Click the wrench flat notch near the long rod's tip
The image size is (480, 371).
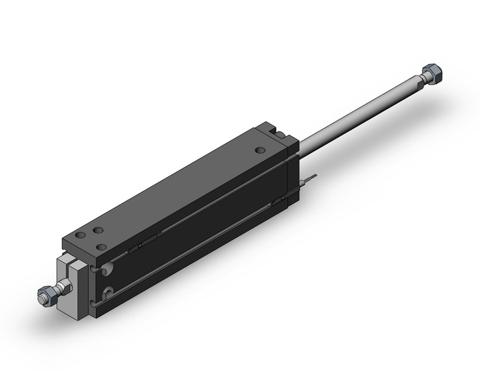[419, 82]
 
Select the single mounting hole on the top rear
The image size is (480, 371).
[260, 150]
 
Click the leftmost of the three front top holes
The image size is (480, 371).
[80, 235]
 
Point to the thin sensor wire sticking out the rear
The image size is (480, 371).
[308, 181]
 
